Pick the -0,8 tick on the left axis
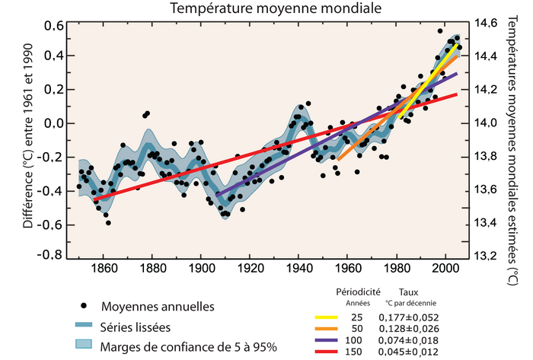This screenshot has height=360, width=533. coord(50,256)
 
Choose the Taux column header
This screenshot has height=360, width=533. coord(411,292)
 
